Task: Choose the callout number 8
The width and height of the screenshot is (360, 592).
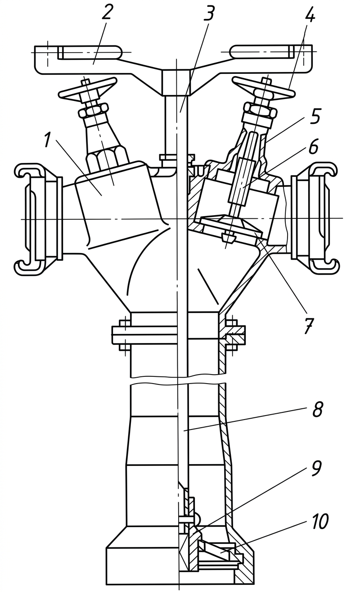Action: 317,409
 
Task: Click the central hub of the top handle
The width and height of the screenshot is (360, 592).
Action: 176,82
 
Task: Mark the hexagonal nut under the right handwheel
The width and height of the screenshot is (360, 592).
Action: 261,110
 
